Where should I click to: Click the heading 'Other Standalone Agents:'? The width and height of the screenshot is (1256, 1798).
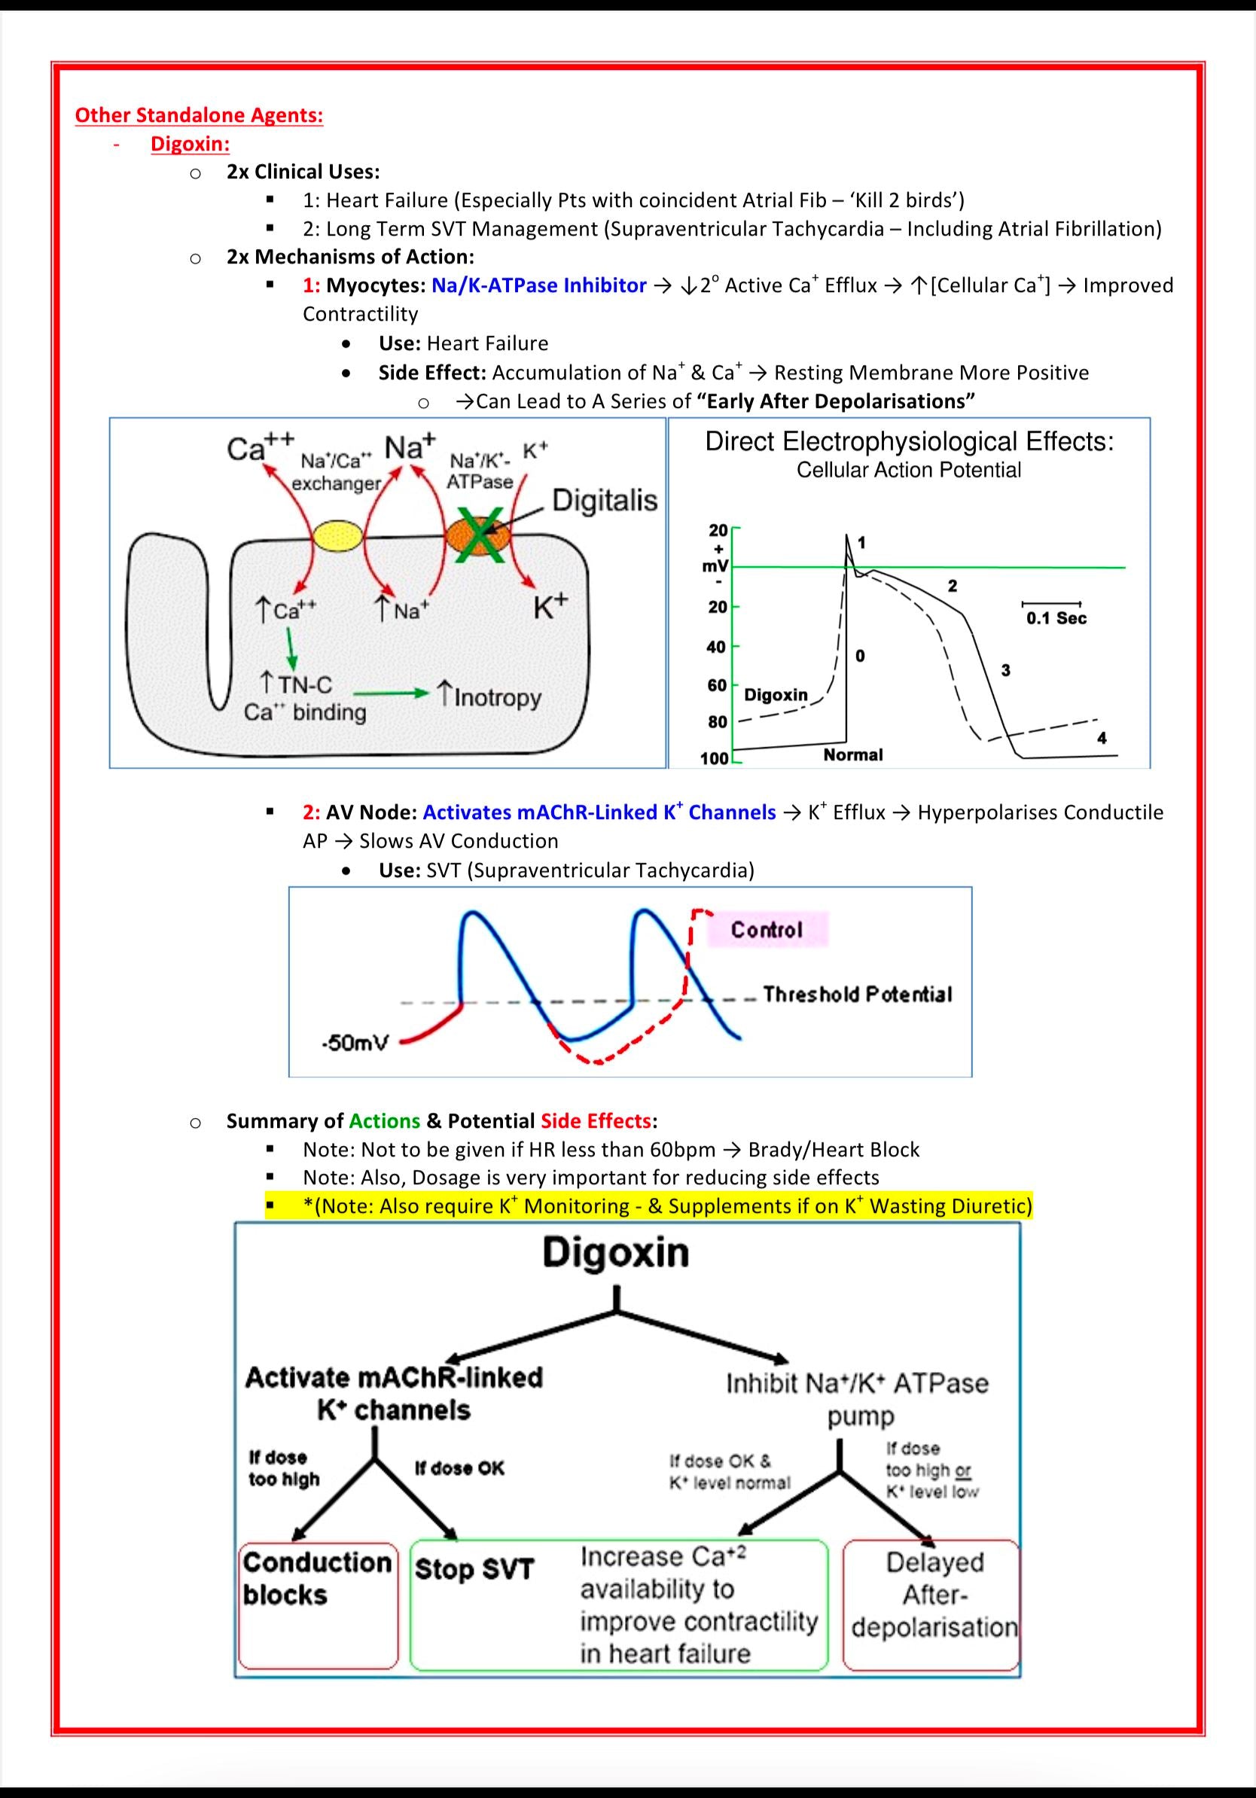[199, 115]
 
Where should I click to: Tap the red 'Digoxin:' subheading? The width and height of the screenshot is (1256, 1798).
[191, 144]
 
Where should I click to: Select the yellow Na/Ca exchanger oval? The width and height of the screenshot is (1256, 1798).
[338, 537]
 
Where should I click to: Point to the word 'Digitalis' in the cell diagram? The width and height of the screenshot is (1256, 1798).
[605, 501]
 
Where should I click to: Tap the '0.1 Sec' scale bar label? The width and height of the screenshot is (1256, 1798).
[1056, 618]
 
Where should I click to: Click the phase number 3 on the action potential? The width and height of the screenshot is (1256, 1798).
[1005, 669]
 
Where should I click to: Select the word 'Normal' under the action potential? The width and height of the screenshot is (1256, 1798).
[852, 755]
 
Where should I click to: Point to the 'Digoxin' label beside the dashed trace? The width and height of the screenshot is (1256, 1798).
[776, 695]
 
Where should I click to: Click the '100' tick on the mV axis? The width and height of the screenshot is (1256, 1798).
[715, 758]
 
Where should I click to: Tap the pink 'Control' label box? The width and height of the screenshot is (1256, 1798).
[767, 930]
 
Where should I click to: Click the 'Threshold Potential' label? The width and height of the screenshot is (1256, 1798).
[858, 995]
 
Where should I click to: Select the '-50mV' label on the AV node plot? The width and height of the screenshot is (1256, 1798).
[355, 1044]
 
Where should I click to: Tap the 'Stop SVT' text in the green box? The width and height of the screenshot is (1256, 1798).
[474, 1569]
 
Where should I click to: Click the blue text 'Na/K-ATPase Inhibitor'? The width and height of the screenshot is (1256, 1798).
[538, 285]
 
